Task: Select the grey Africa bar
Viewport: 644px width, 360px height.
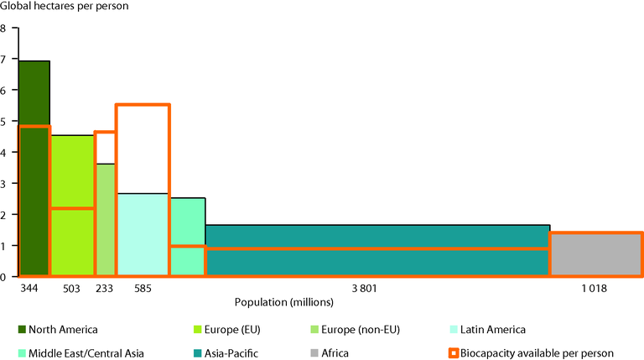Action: tap(595, 255)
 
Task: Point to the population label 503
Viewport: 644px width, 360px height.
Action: tap(71, 289)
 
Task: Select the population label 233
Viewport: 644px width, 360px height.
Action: tap(105, 289)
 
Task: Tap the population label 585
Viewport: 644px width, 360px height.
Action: tap(142, 289)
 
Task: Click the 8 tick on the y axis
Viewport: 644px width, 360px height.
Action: tap(3, 29)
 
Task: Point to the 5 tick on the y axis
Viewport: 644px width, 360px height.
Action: tap(3, 122)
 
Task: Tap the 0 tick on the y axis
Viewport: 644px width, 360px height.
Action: tap(3, 277)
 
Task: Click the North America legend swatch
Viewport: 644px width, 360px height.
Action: tap(23, 329)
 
